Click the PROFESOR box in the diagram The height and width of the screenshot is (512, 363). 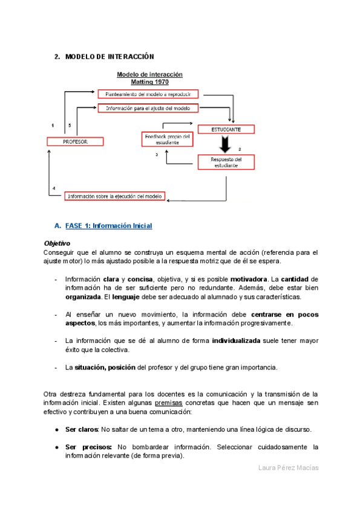[76, 141]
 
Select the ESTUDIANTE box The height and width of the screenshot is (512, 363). [226, 129]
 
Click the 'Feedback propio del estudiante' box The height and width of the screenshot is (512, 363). [166, 139]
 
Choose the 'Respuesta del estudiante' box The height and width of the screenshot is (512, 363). [226, 162]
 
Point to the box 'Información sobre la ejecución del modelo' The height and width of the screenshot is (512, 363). [115, 196]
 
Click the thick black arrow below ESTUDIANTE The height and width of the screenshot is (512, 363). [226, 145]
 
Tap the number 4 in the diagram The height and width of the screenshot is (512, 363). [54, 188]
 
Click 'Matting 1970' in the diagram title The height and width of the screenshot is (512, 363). [149, 82]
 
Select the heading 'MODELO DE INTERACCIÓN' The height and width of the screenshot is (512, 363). [109, 57]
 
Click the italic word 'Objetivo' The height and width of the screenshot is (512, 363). [57, 243]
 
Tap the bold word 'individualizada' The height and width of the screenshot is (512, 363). [236, 341]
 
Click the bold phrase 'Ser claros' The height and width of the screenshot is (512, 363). [82, 429]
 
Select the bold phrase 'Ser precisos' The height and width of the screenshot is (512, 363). [86, 447]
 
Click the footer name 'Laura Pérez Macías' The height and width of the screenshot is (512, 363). [287, 469]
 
